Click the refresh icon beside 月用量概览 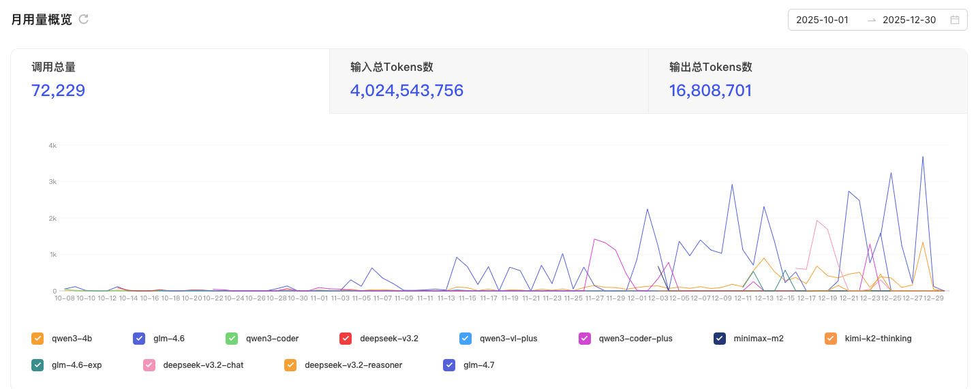[83, 19]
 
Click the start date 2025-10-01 [822, 20]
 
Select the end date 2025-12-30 [909, 20]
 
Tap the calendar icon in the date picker [955, 20]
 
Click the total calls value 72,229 [58, 90]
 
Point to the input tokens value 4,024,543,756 [406, 90]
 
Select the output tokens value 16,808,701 [710, 90]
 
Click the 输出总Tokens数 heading [711, 67]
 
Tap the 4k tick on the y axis [52, 146]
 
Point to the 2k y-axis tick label [52, 218]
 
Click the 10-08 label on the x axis [65, 298]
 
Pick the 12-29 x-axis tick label [934, 298]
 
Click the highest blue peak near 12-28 [922, 157]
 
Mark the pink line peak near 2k [817, 221]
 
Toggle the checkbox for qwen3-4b [37, 339]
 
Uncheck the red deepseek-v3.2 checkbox [346, 339]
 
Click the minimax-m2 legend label [759, 339]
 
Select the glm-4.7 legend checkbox [448, 365]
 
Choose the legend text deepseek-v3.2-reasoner [353, 365]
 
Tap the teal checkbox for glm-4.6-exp [37, 365]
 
